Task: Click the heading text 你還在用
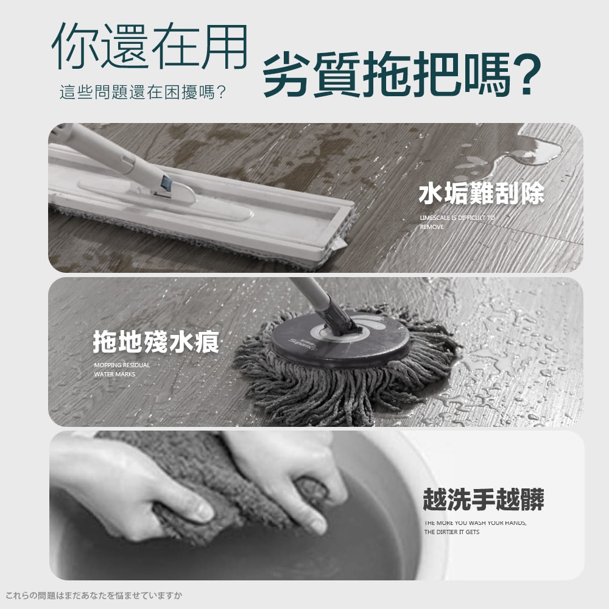coord(150,46)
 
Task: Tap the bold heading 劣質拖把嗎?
coord(401,74)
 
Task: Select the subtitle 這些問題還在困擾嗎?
coord(143,93)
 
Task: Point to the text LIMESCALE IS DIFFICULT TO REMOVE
coord(457,222)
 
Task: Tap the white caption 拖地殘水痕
coord(156,342)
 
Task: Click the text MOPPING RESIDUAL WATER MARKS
coord(122,370)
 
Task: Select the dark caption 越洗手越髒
coord(483,499)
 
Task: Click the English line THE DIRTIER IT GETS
coord(452,532)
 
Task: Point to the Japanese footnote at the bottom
coord(94,596)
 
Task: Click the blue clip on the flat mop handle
coord(167,184)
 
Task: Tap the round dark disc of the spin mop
coord(340,339)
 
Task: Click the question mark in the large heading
coord(526,74)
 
